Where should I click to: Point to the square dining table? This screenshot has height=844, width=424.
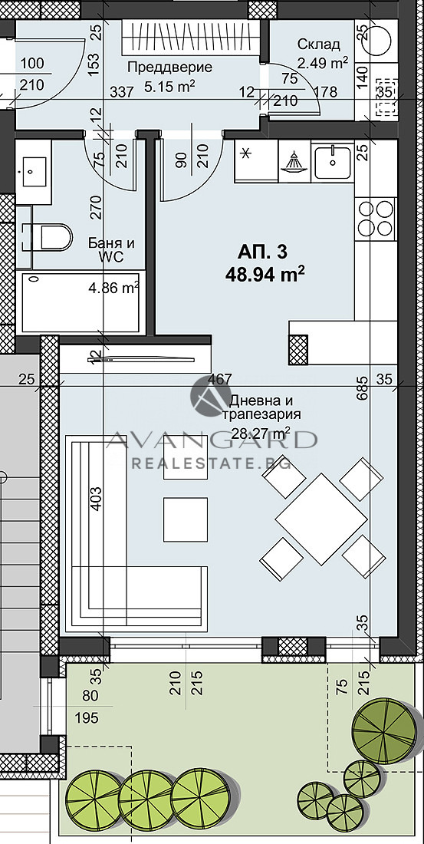coord(321,519)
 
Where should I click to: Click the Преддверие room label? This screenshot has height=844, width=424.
coord(169,67)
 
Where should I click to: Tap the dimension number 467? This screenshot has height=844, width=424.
coord(222,380)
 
